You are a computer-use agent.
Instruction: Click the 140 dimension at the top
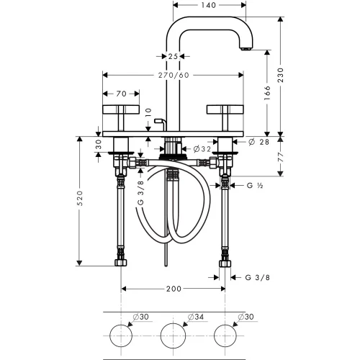[208, 5]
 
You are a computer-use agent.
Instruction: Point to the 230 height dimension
[280, 75]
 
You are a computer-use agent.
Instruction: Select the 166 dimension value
[267, 93]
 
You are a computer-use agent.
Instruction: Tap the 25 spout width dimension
[173, 57]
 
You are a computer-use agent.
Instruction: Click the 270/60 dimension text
[174, 75]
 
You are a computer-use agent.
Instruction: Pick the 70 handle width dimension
[121, 94]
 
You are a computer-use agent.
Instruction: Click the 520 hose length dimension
[80, 198]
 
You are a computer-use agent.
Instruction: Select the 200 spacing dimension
[174, 289]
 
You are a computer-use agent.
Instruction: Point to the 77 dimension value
[280, 157]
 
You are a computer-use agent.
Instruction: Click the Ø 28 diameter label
[258, 142]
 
